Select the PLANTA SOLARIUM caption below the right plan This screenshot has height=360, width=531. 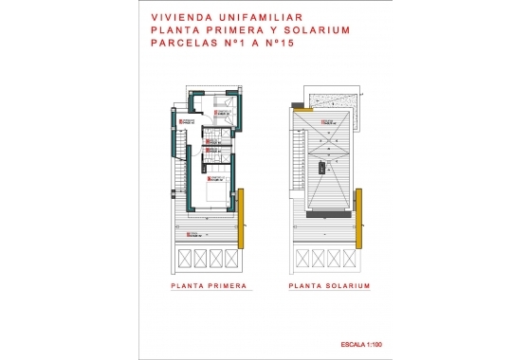coord(328,284)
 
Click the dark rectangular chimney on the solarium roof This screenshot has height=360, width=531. coord(321,167)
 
